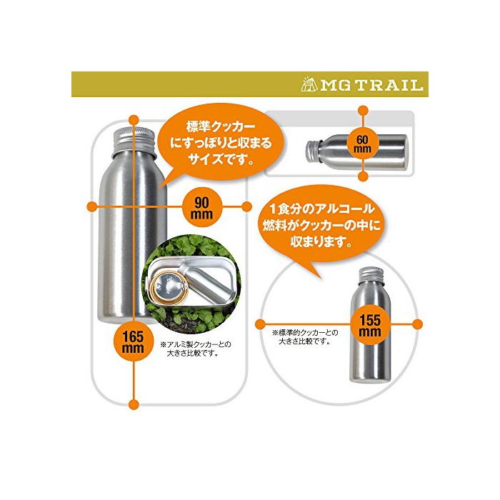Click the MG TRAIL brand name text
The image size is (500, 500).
[372, 85]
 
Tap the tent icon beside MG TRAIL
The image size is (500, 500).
[309, 84]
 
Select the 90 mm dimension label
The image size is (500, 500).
[201, 207]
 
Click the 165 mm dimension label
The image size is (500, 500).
[134, 341]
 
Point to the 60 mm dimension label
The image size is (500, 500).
[363, 144]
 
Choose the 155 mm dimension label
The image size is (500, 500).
[370, 325]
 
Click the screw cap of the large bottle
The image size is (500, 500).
[134, 141]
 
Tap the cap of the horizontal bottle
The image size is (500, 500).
[313, 151]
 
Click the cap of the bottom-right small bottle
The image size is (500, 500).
[371, 275]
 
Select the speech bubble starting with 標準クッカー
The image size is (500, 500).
[221, 143]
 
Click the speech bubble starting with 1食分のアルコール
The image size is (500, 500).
[321, 225]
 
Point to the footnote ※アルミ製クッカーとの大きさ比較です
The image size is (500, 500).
[196, 349]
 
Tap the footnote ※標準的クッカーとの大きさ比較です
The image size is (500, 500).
[305, 336]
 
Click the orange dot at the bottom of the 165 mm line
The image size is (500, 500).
[134, 405]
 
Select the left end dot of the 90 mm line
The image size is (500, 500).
[92, 206]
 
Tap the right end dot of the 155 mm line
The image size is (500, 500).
[417, 324]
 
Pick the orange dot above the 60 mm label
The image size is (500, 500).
[363, 111]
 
